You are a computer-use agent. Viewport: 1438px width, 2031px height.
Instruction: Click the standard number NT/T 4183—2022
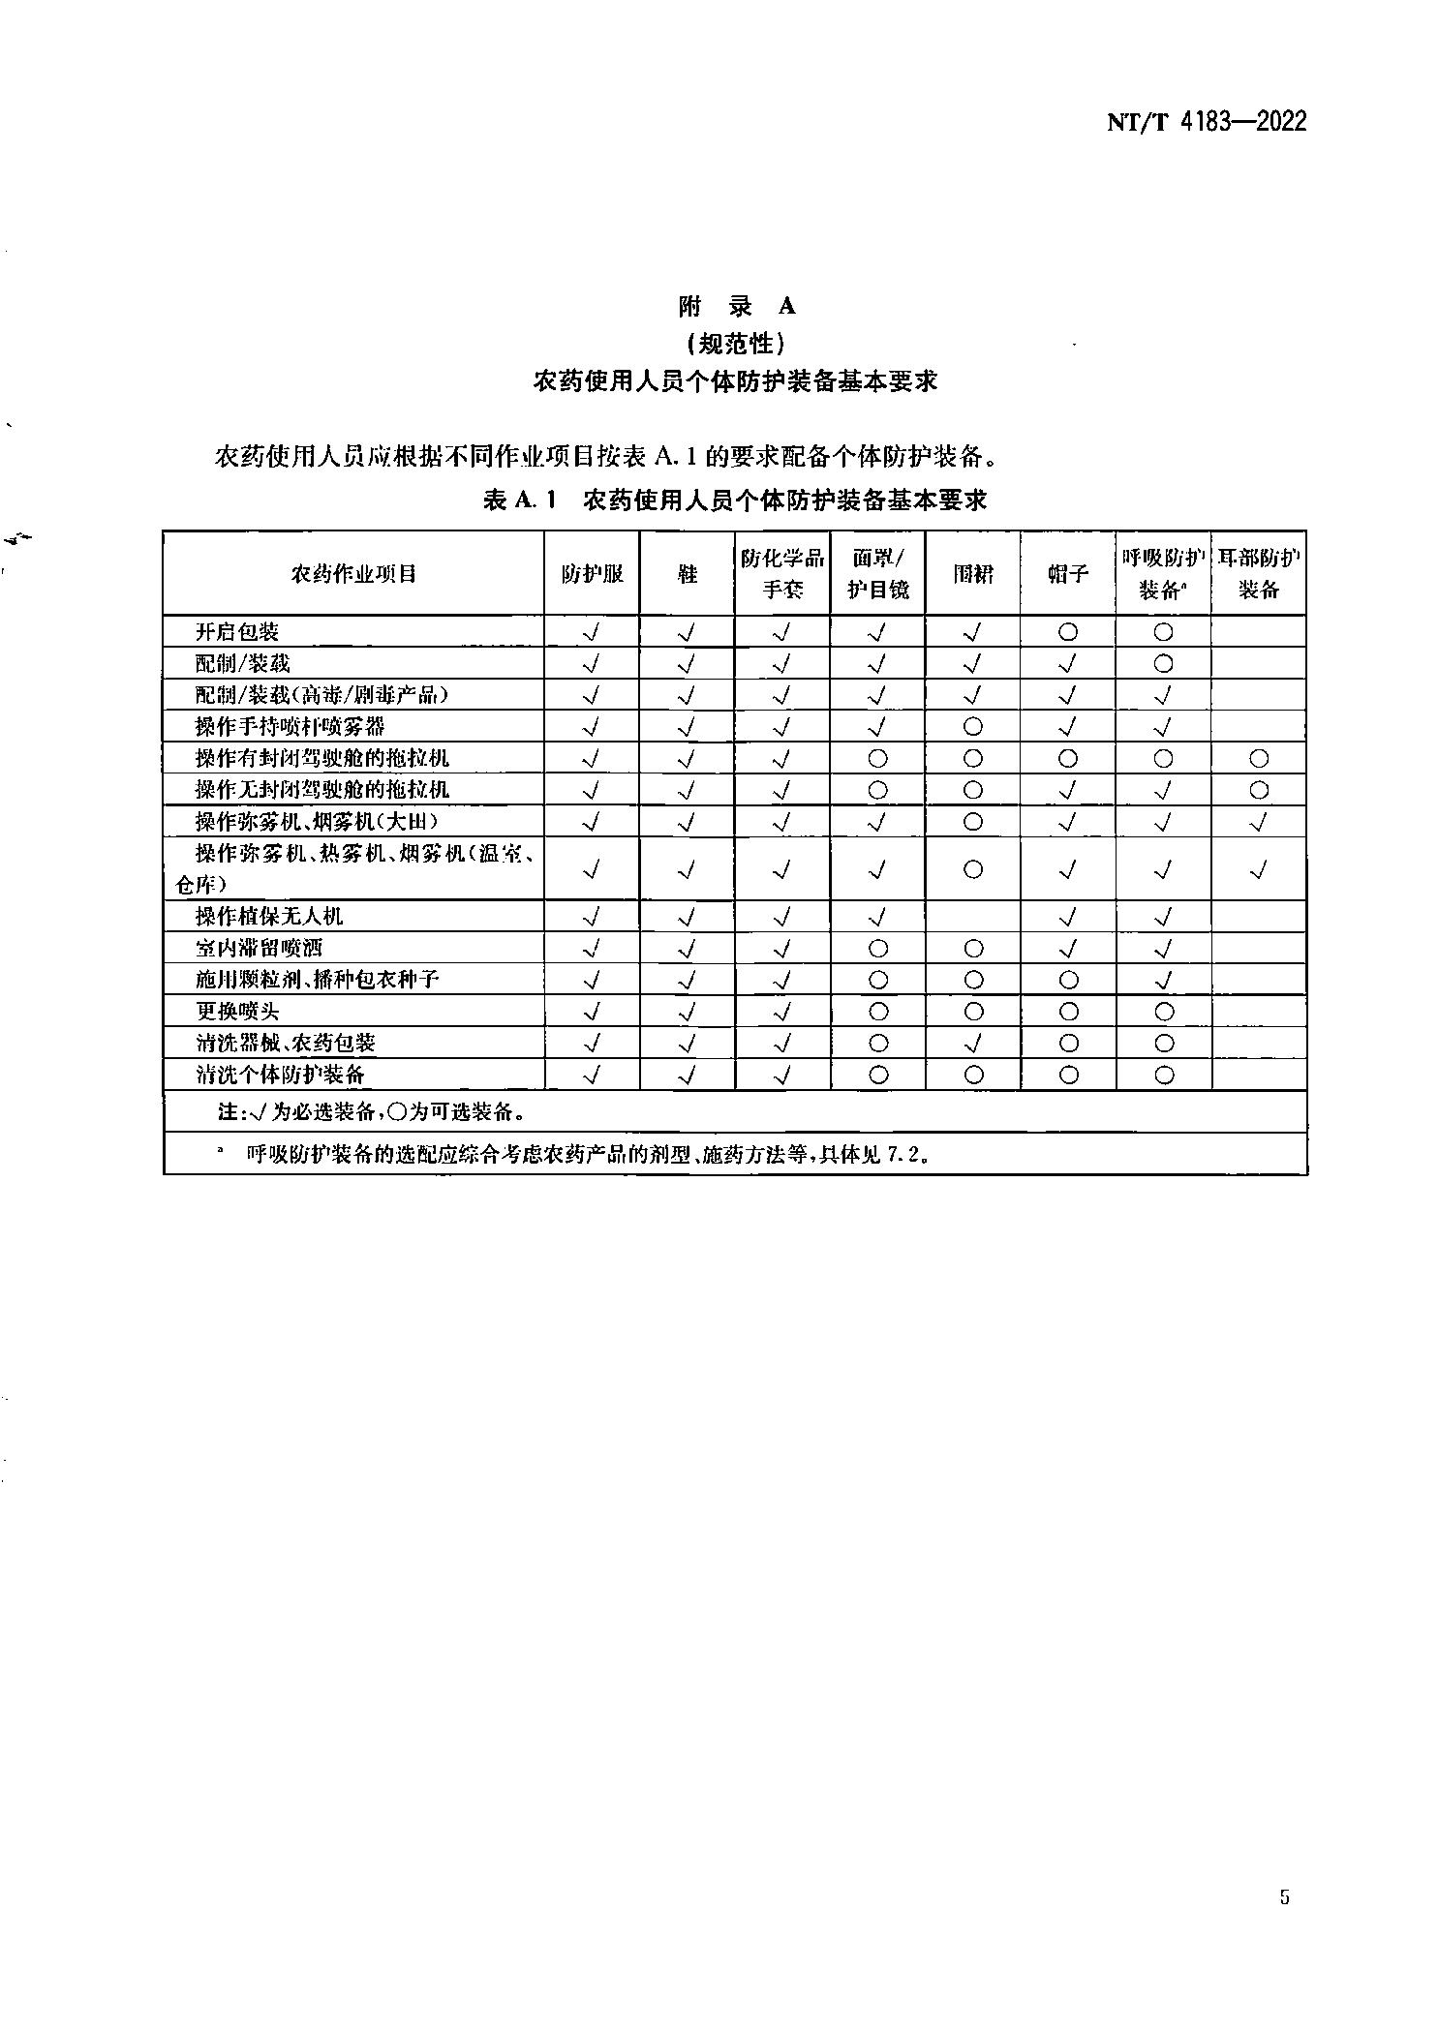(1206, 122)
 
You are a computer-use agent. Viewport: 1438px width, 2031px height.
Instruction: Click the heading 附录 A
(736, 307)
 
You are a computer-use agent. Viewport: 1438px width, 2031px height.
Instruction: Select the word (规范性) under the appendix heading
(735, 344)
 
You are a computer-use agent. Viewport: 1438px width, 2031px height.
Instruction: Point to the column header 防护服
(592, 574)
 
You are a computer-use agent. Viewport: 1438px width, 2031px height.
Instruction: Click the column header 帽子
(1068, 574)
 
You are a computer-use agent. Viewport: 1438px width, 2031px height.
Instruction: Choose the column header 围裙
(973, 574)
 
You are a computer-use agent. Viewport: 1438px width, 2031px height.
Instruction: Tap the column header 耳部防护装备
(1259, 573)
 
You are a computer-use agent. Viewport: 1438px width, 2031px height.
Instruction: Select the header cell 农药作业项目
(353, 574)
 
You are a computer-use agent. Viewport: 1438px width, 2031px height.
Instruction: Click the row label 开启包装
(237, 632)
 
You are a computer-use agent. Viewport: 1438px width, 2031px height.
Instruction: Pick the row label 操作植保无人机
(269, 916)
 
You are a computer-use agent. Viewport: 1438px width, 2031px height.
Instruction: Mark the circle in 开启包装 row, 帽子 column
(1068, 632)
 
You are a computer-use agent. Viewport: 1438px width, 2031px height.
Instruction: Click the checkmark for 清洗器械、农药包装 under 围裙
(973, 1043)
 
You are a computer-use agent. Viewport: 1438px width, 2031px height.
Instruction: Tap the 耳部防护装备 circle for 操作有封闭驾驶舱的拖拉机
(1259, 758)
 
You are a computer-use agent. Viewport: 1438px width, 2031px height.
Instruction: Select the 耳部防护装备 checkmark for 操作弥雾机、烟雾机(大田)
(1259, 822)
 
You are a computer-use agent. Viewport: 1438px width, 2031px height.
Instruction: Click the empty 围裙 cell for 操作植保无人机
(973, 916)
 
